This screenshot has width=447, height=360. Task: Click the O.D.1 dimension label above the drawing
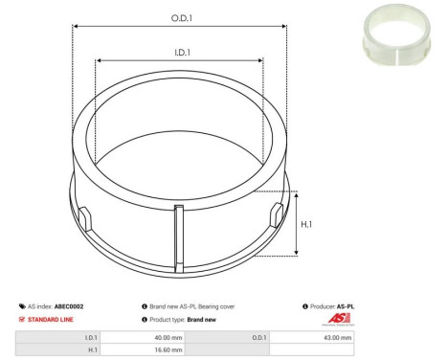pyautogui.click(x=178, y=17)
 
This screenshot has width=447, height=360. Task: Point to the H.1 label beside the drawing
pyautogui.click(x=306, y=223)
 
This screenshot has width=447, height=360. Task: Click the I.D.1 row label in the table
pyautogui.click(x=92, y=337)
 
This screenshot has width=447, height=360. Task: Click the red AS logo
pyautogui.click(x=341, y=319)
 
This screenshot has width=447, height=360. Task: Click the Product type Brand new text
pyautogui.click(x=184, y=319)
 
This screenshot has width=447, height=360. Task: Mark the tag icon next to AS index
pyautogui.click(x=21, y=306)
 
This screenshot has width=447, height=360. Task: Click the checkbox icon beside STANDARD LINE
pyautogui.click(x=21, y=319)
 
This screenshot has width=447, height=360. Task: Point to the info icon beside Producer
pyautogui.click(x=304, y=306)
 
